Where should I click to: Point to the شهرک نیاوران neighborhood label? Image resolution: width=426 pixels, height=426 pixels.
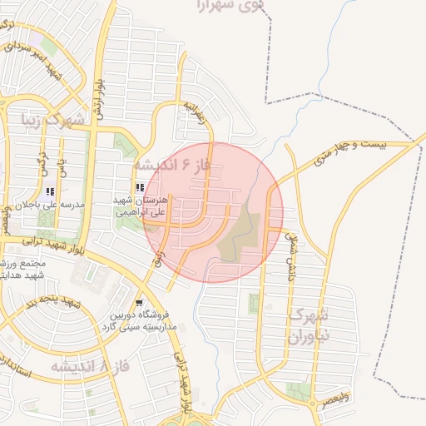tap(308, 326)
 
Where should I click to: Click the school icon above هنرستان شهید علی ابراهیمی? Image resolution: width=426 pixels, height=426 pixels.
tap(139, 188)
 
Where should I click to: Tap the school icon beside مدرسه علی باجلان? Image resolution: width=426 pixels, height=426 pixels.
tap(62, 191)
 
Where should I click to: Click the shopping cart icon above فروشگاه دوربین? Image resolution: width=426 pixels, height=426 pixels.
tap(138, 303)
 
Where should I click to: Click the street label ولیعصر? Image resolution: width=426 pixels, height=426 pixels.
tap(338, 399)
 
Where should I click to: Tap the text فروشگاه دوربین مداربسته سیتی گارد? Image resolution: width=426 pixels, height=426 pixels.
tap(141, 321)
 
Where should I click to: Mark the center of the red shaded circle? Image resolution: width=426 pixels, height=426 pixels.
tap(213, 212)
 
